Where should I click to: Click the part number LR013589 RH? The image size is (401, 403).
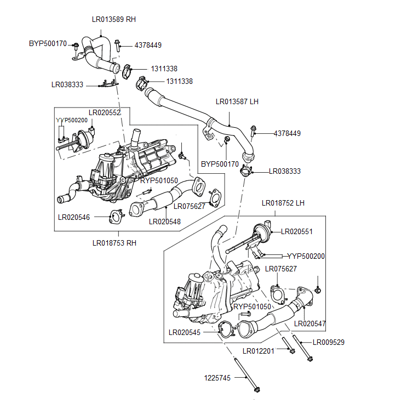(x=113, y=19)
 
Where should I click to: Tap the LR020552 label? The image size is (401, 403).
(x=104, y=112)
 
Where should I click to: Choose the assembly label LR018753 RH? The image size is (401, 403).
(x=114, y=243)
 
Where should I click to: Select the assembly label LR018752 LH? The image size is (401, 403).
(x=283, y=203)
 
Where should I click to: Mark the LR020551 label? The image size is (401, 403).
(x=296, y=232)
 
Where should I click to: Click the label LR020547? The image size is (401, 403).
(x=310, y=324)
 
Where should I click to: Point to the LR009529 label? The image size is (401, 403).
(x=329, y=342)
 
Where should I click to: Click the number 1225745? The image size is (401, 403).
(x=217, y=378)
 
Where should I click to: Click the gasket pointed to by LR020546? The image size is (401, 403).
(x=115, y=217)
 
